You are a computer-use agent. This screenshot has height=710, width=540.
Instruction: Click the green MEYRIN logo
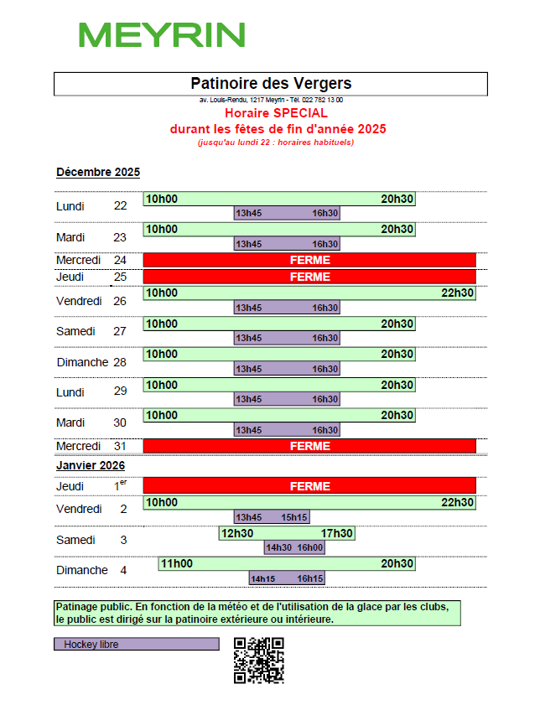coord(162,35)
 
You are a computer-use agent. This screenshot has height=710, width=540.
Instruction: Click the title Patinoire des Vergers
coord(271,83)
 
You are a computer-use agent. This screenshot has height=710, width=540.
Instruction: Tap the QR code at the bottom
coord(258,660)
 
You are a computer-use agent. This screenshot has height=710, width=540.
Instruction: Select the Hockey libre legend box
coord(136,645)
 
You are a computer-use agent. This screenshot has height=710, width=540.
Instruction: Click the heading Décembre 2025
coord(98,173)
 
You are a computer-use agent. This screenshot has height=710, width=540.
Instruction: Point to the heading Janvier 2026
coord(91,465)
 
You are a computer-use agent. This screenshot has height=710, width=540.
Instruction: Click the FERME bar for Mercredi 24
coord(309,260)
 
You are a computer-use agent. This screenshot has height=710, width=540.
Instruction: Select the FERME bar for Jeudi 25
coord(309,277)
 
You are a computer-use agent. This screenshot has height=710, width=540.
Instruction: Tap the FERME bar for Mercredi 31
coord(309,446)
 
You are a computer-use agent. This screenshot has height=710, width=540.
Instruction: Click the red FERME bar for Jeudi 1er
coord(309,486)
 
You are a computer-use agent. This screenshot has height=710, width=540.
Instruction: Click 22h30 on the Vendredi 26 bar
coord(458,293)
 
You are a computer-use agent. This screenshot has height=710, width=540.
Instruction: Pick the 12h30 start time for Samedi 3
coord(237,533)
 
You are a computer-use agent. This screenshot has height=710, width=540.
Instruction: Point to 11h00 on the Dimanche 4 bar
coord(177,563)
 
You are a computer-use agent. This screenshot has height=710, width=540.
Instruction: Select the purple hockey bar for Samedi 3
coord(294,547)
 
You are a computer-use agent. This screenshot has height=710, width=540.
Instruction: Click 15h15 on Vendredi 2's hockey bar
coord(294,517)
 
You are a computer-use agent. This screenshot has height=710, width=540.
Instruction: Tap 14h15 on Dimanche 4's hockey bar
coord(262,578)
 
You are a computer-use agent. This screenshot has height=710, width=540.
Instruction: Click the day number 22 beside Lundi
coord(121,206)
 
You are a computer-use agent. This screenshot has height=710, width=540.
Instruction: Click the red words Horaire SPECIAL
coord(276,112)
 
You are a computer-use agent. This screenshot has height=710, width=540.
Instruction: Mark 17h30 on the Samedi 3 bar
coord(337,533)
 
